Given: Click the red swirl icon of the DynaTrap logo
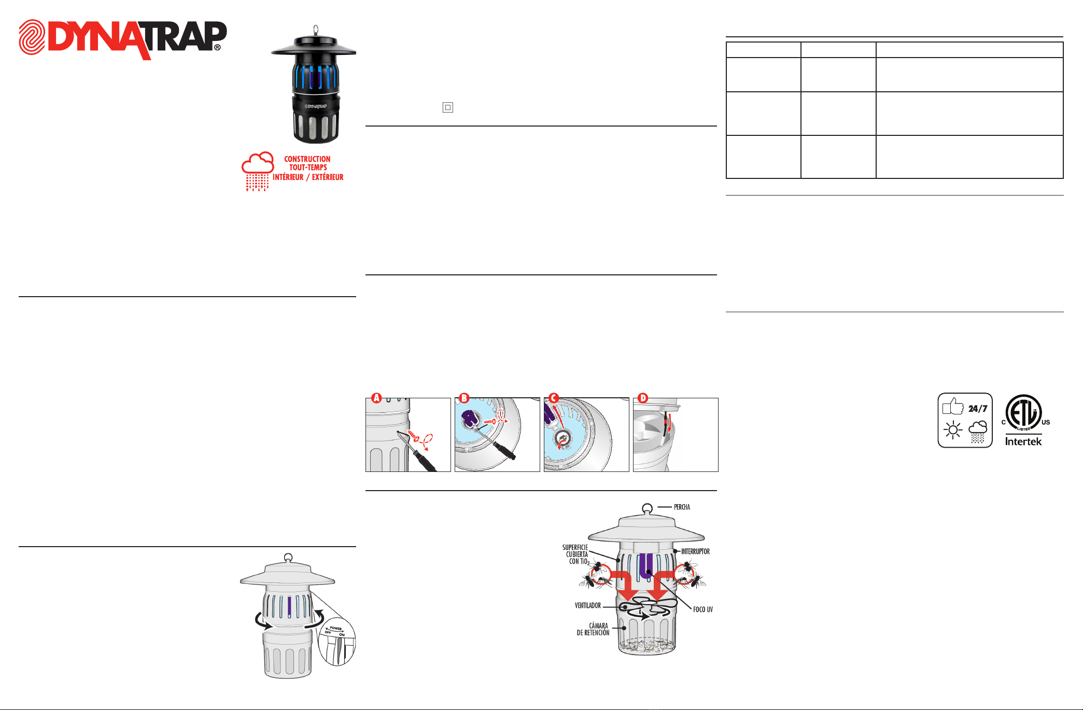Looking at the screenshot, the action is click(x=32, y=37).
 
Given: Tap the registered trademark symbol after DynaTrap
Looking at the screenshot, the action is click(x=217, y=47).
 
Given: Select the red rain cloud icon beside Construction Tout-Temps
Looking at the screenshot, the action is click(x=258, y=171).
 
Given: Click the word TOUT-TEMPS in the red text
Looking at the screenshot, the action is click(x=308, y=168).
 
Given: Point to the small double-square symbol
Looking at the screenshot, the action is click(x=448, y=107).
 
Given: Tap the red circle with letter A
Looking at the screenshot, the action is click(x=376, y=398).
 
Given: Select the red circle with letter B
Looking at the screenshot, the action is click(x=464, y=398).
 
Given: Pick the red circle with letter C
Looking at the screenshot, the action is click(x=554, y=398).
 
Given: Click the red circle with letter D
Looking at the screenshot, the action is click(x=643, y=398).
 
